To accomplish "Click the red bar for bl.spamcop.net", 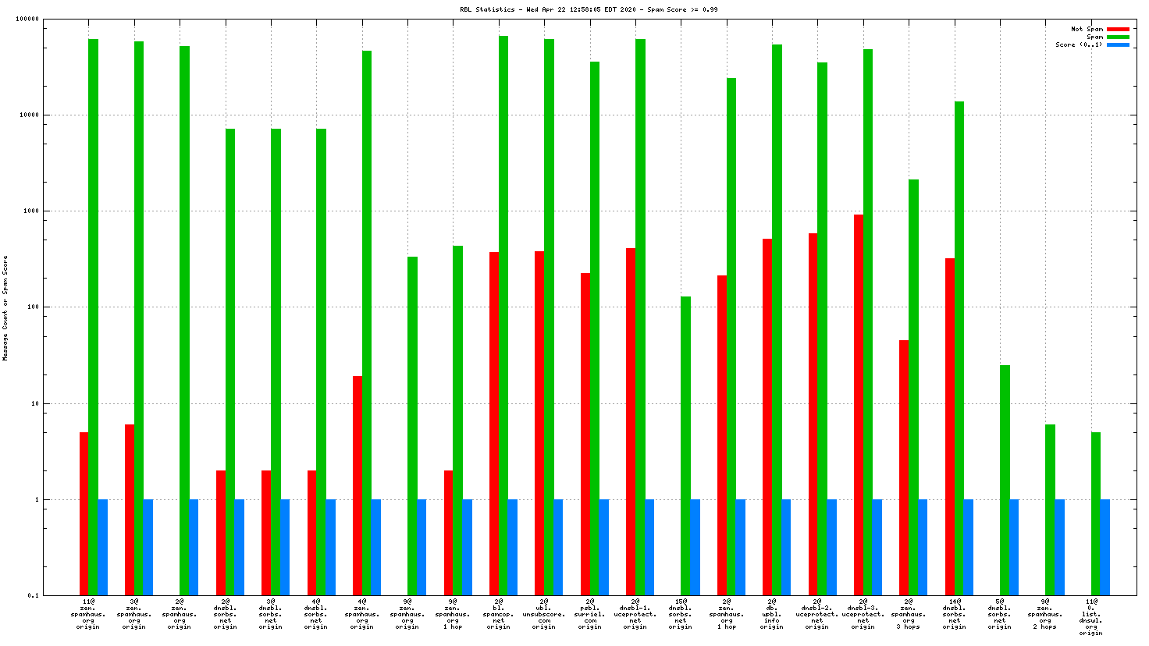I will point(494,424).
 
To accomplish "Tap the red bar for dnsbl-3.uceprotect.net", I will point(859,405).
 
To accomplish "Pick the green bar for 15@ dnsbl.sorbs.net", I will point(685,445).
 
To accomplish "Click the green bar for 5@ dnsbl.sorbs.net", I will point(1005,480).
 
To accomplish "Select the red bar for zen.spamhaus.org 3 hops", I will point(904,467).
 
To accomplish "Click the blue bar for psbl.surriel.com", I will point(604,547).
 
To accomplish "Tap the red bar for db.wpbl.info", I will point(767,417).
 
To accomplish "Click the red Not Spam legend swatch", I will point(1118,30).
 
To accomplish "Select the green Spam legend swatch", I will point(1118,37).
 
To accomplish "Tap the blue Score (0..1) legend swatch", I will point(1118,45).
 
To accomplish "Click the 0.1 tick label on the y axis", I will point(34,596).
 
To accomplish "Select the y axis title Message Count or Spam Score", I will point(5,307).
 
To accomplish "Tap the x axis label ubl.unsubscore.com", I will point(544,614).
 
